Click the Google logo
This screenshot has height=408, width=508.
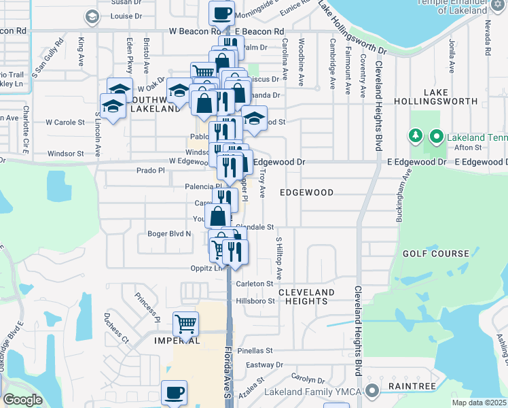[x=22, y=400]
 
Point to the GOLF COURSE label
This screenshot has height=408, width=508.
[x=435, y=254]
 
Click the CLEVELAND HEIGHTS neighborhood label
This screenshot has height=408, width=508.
[x=306, y=296]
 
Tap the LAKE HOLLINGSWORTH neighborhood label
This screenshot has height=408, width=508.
[x=450, y=97]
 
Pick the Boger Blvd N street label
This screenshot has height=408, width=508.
[x=170, y=234]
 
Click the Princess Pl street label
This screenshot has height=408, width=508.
[x=147, y=306]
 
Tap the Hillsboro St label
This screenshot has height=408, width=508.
[x=255, y=301]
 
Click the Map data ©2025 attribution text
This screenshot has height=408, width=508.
[x=481, y=402]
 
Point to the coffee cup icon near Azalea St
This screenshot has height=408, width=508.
[x=174, y=392]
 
